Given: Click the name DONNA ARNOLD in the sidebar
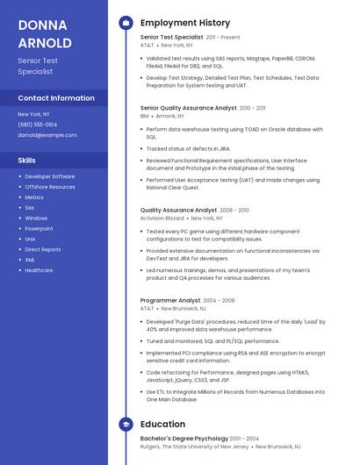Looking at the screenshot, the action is [x=45, y=33].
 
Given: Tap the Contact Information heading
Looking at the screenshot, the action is [x=56, y=98].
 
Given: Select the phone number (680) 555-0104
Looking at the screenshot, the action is [x=38, y=125].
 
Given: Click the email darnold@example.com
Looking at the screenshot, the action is [x=47, y=135].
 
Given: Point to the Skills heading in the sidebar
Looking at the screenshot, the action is [x=27, y=161].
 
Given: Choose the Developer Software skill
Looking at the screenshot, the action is [x=50, y=176].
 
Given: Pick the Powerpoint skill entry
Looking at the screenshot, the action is [x=40, y=228].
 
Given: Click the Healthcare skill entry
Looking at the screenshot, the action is [x=40, y=270].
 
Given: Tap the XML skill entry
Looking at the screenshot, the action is [x=31, y=260].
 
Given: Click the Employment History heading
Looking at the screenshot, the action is [x=185, y=23].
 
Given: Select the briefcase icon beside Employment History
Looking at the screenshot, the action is [x=126, y=23].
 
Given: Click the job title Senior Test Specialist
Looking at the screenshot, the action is [x=172, y=38].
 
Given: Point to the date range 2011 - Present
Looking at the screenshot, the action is [x=223, y=38].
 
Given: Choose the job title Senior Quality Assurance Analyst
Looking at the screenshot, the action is [x=189, y=108].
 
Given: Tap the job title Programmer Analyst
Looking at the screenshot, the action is [x=170, y=301].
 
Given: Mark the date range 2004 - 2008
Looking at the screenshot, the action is [x=219, y=301].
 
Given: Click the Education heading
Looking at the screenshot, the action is [x=162, y=425].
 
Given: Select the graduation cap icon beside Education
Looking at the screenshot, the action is [x=126, y=425].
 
